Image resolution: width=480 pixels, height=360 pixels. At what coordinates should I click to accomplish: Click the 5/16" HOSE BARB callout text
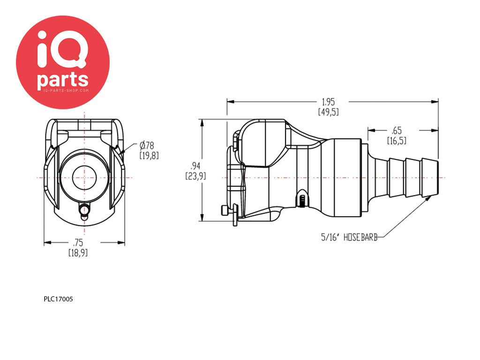[349, 237]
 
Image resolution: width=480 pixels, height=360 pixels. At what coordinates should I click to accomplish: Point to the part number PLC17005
[59, 299]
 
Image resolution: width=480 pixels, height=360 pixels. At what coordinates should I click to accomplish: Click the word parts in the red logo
[63, 80]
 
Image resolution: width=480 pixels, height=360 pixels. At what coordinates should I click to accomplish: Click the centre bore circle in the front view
[84, 178]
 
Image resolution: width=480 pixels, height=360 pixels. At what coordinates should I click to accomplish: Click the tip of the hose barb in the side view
[438, 178]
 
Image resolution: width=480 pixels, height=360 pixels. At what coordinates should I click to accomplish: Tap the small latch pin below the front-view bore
[84, 210]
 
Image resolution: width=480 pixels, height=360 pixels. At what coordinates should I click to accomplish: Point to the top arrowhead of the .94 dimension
[202, 122]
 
